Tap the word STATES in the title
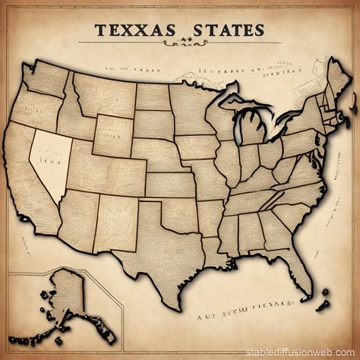(225, 30)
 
